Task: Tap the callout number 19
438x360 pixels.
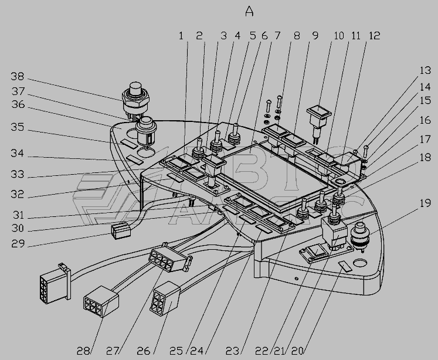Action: (x=425, y=204)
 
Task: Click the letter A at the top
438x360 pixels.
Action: (x=250, y=12)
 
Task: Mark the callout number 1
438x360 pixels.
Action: (x=181, y=36)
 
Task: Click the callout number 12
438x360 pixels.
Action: (x=375, y=36)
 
